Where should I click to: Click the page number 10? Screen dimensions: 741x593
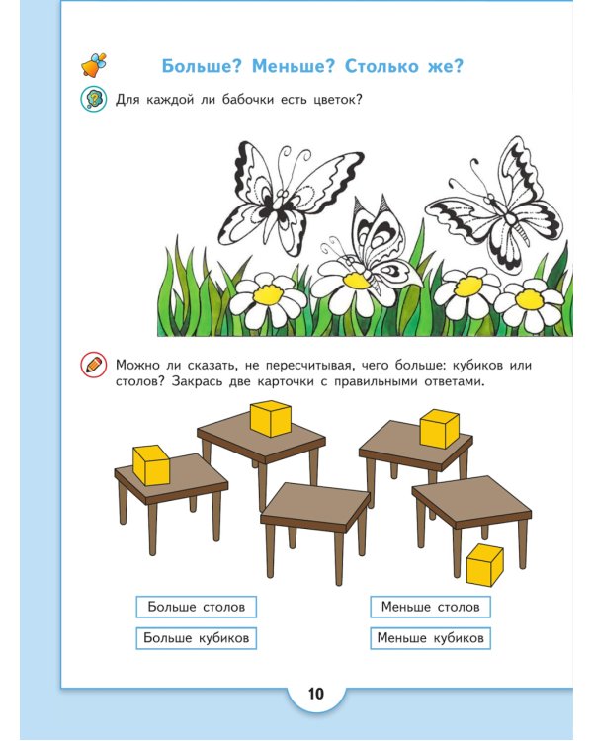pyautogui.click(x=315, y=693)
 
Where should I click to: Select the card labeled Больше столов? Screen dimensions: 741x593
pyautogui.click(x=196, y=607)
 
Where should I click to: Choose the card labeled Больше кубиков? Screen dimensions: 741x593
pyautogui.click(x=196, y=638)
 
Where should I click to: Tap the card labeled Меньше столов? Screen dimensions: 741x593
pyautogui.click(x=430, y=607)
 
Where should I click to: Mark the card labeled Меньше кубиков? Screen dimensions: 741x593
pyautogui.click(x=430, y=638)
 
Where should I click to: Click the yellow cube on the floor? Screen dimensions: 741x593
pyautogui.click(x=484, y=564)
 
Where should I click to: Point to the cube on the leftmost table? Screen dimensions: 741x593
pyautogui.click(x=151, y=464)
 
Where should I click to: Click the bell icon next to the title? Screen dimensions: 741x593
pyautogui.click(x=93, y=65)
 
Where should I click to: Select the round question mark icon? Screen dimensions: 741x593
pyautogui.click(x=93, y=99)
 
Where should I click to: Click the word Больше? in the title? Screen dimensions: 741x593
pyautogui.click(x=202, y=66)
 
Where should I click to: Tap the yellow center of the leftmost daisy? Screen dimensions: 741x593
pyautogui.click(x=266, y=293)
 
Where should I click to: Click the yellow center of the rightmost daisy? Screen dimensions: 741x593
pyautogui.click(x=530, y=297)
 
